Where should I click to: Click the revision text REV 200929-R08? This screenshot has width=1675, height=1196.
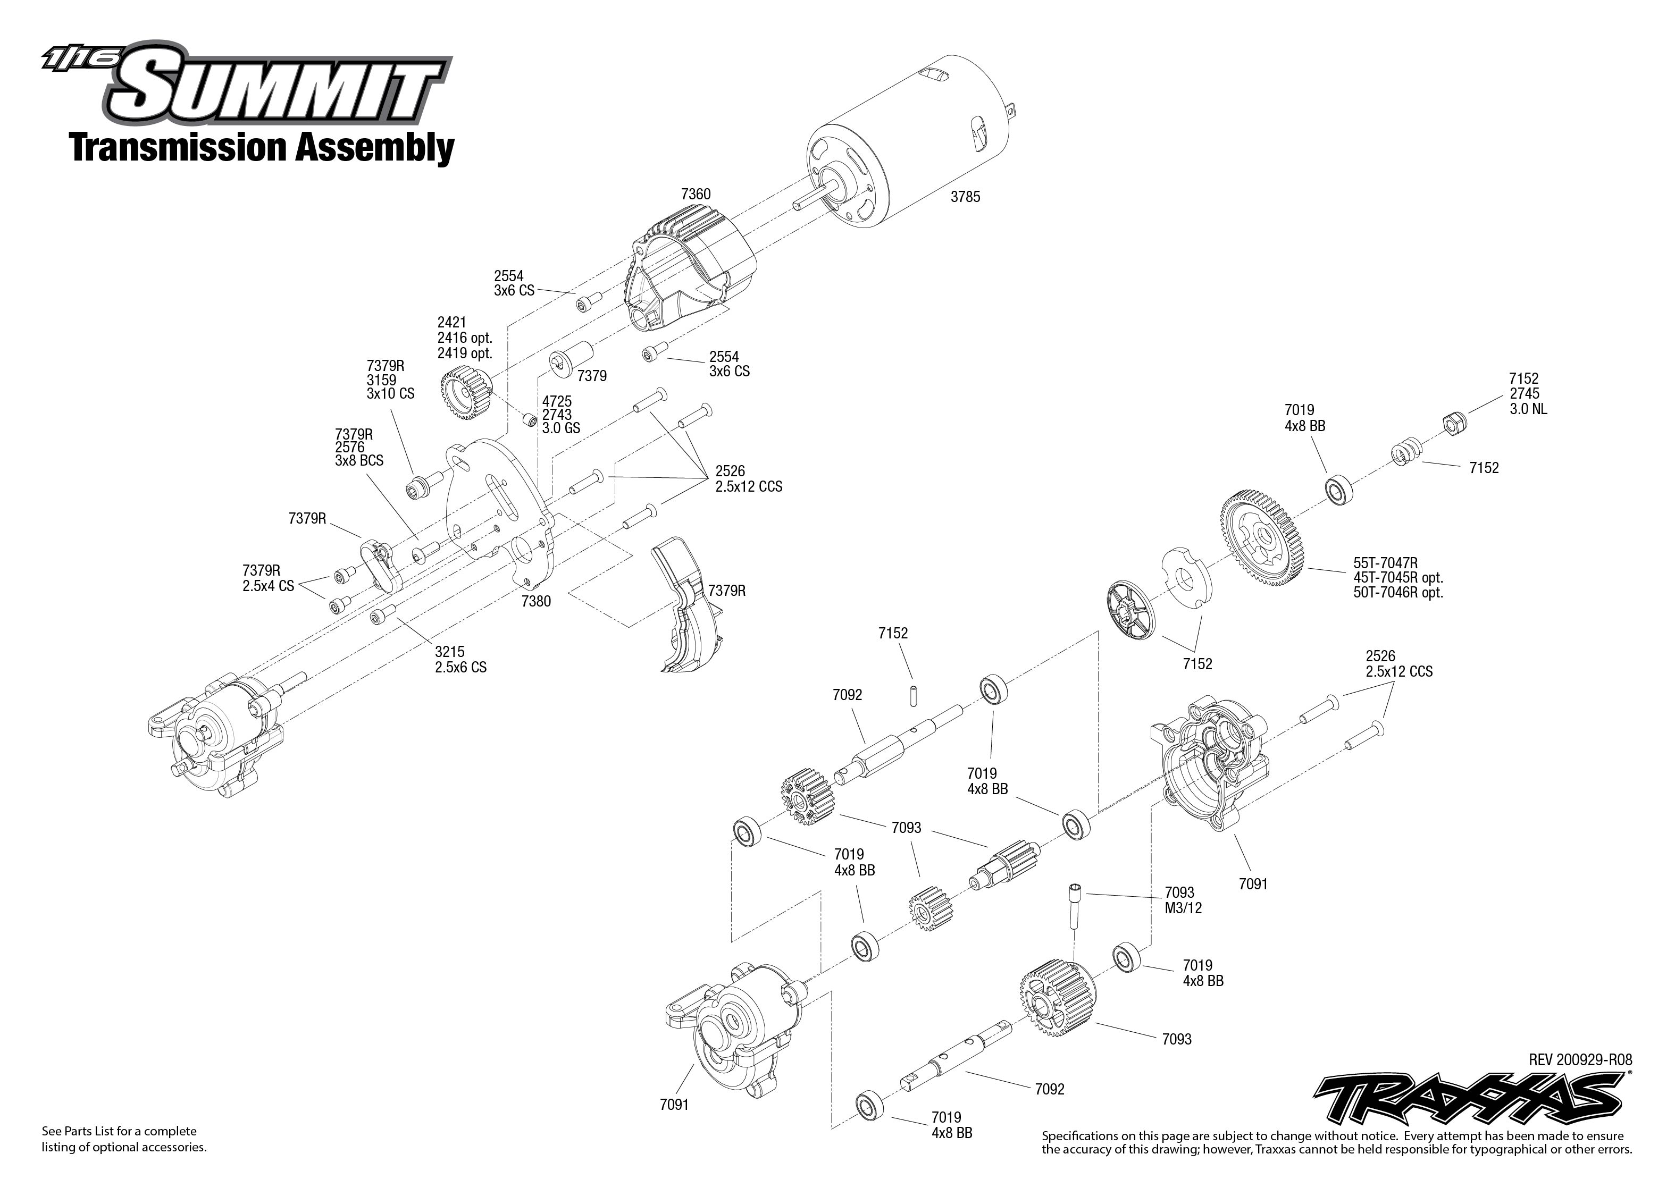(1580, 1060)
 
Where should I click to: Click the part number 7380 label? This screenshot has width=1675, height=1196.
(535, 601)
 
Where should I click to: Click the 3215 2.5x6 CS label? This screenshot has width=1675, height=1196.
(460, 659)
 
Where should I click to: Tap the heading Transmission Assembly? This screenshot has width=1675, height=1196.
(262, 147)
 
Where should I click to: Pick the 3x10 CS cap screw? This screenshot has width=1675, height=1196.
(422, 485)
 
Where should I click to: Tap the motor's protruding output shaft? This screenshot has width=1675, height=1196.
(810, 198)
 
